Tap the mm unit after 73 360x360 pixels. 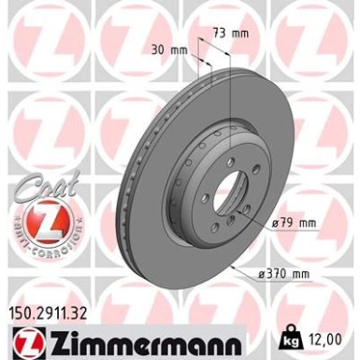click(x=241, y=32)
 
